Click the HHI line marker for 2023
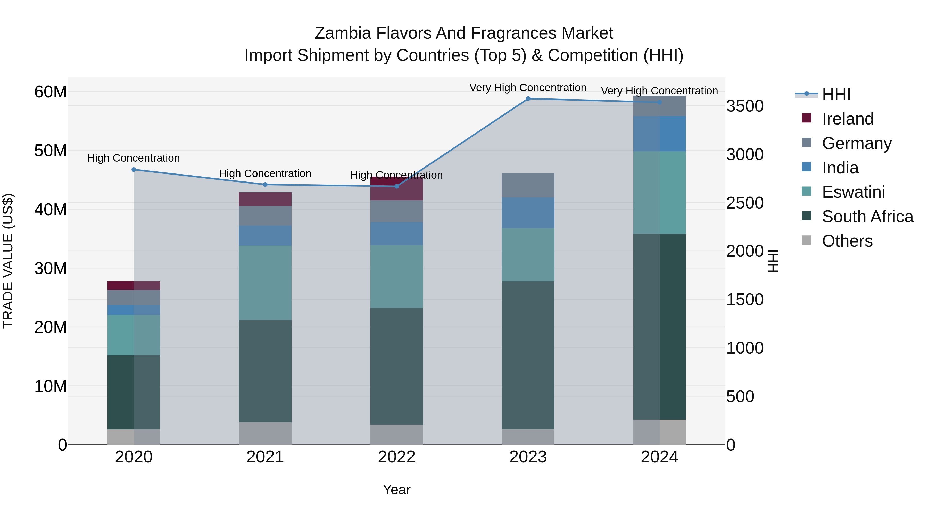[x=528, y=99]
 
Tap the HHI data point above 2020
[x=134, y=170]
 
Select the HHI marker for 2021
[x=265, y=185]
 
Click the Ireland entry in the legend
[x=847, y=119]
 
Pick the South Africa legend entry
[x=867, y=217]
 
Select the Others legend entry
[x=847, y=241]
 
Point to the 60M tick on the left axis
[x=51, y=92]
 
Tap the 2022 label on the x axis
[x=397, y=457]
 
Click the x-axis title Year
[x=397, y=490]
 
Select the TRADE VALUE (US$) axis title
[x=8, y=261]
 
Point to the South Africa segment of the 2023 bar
[x=528, y=355]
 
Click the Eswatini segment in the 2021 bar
[x=265, y=283]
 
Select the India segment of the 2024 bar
[x=660, y=134]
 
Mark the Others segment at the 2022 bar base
[x=397, y=434]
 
